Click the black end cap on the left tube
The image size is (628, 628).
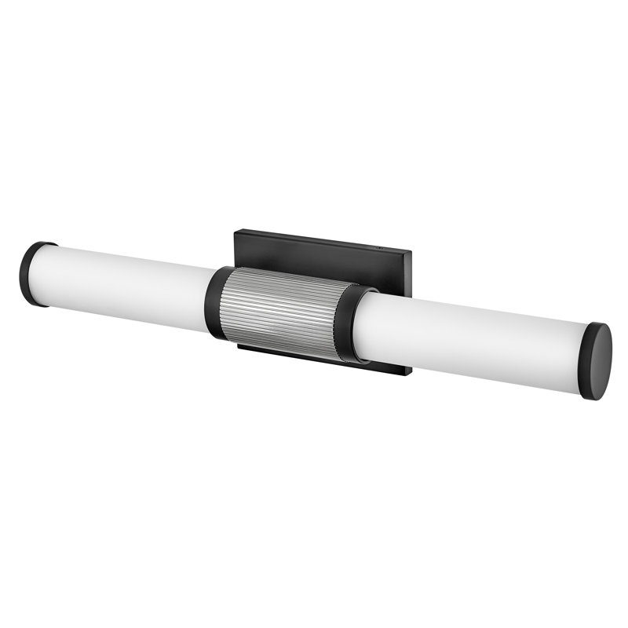(x=32, y=272)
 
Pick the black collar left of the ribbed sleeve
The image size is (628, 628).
(x=217, y=303)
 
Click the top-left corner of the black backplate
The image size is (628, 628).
(x=237, y=230)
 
